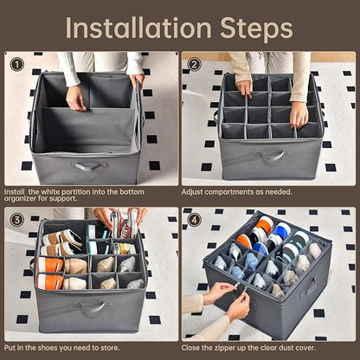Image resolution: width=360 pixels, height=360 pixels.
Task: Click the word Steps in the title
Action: (249, 28)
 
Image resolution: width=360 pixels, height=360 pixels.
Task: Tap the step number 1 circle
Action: (16, 64)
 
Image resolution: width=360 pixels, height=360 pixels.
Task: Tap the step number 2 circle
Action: (195, 64)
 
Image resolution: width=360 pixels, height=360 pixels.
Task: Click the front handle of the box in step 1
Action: (89, 165)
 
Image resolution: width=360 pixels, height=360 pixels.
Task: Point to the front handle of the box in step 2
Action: (270, 157)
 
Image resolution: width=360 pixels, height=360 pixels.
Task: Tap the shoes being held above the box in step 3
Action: (125, 222)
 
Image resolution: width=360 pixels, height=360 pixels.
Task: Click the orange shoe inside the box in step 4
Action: (244, 241)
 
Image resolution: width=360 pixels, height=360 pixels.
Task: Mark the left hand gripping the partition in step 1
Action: (76, 98)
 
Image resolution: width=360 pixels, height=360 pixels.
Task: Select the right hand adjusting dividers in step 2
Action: (299, 113)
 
